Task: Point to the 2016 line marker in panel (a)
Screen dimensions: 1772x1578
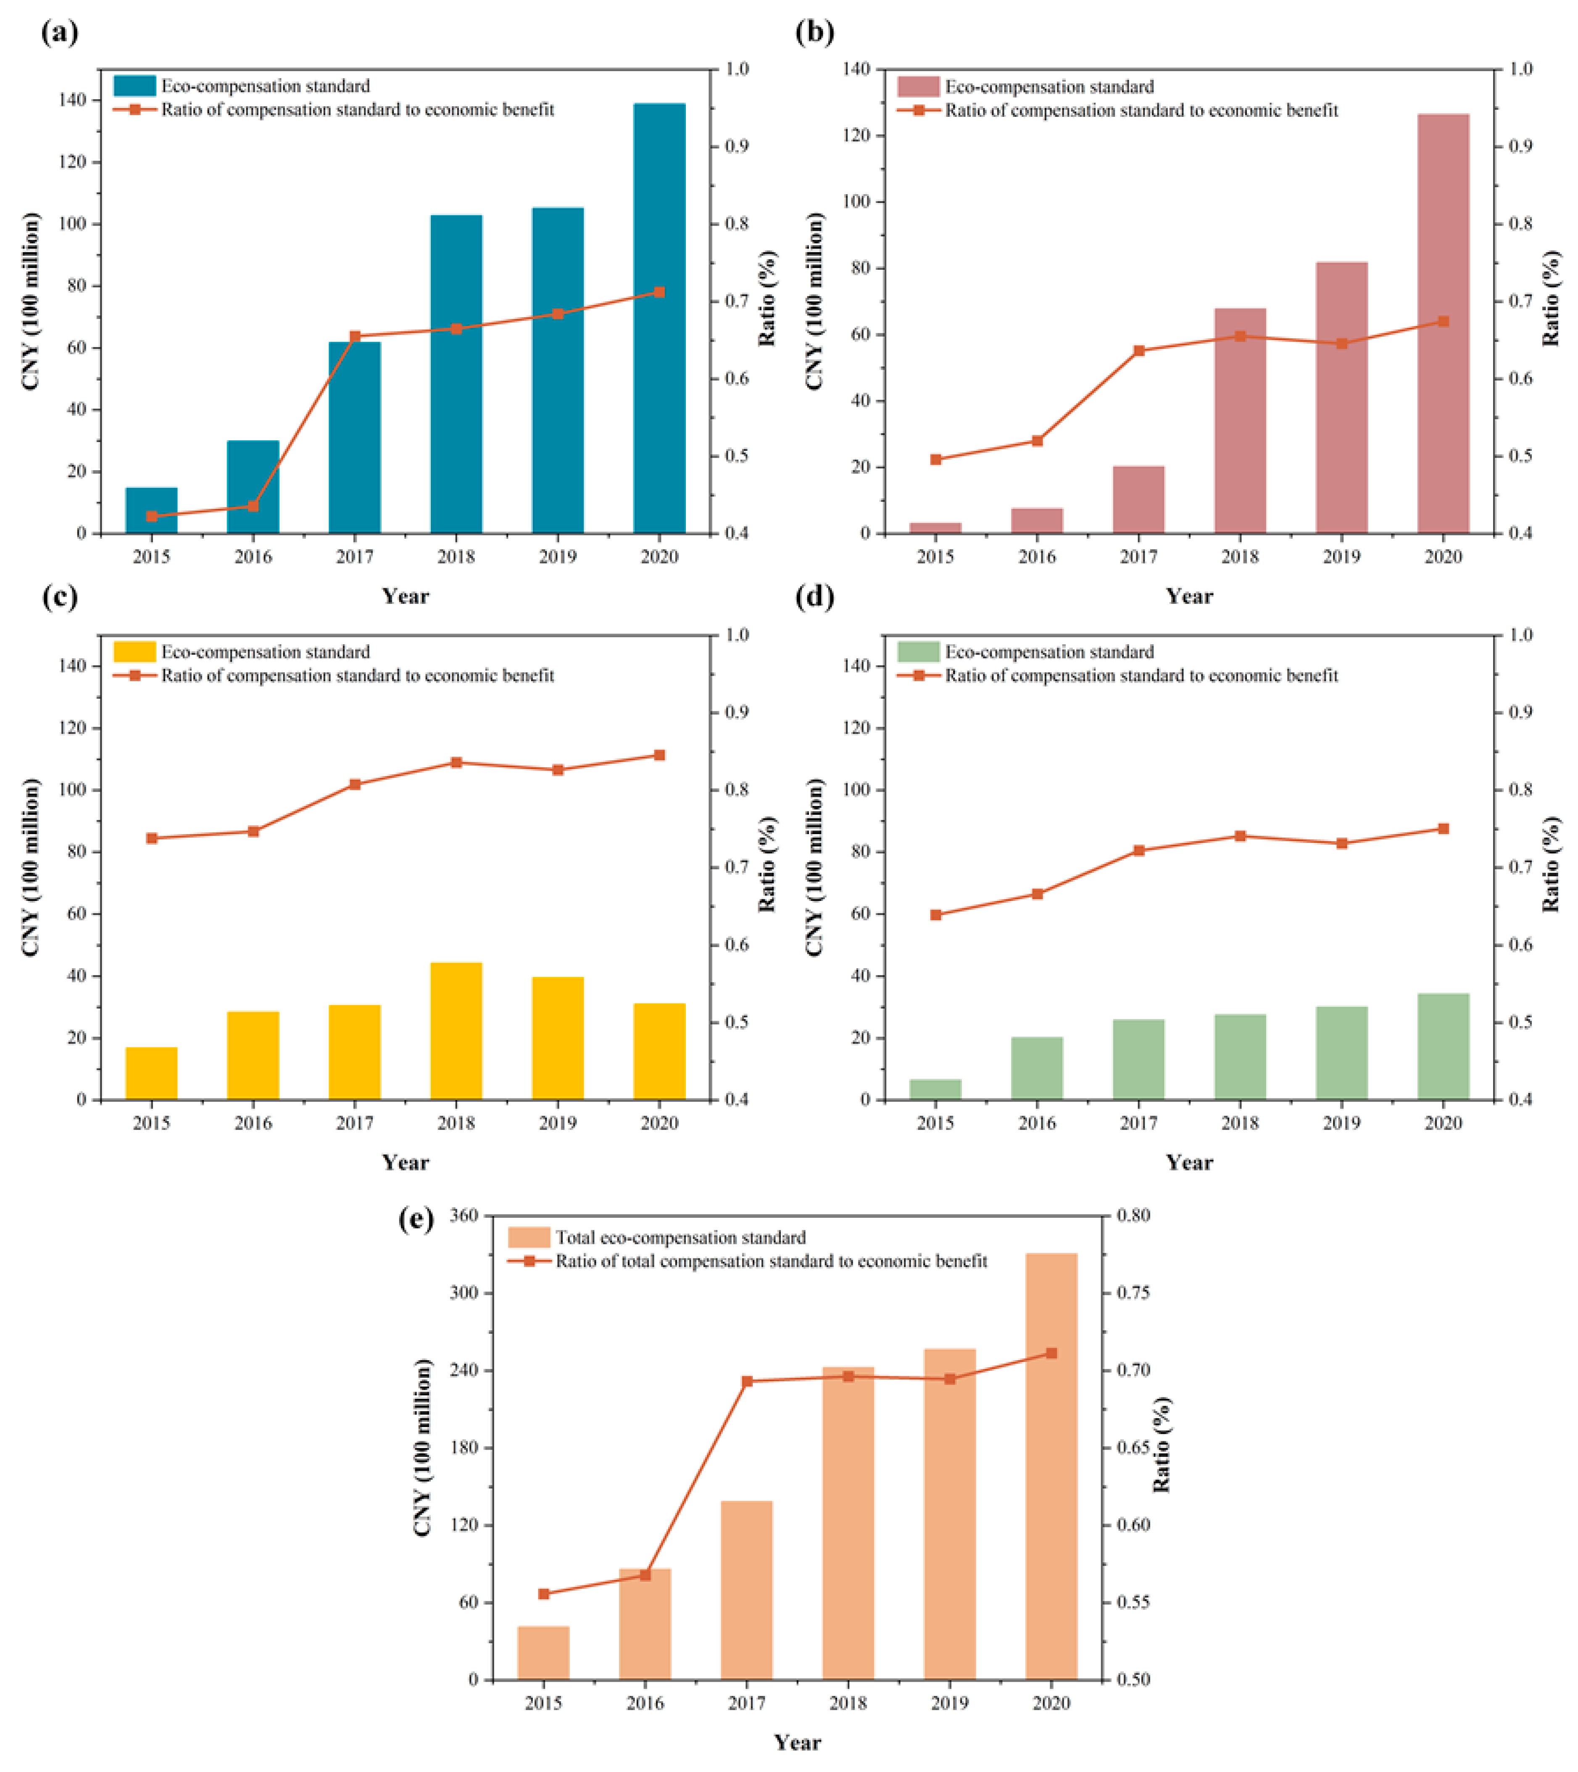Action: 253,506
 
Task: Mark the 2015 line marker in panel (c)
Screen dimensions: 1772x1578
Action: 152,838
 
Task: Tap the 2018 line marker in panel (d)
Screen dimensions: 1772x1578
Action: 1240,836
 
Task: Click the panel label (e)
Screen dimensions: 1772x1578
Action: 416,1220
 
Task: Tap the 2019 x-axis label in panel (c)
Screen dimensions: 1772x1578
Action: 558,1124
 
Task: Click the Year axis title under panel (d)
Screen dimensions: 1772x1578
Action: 1189,1163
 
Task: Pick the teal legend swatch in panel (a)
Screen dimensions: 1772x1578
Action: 134,86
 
